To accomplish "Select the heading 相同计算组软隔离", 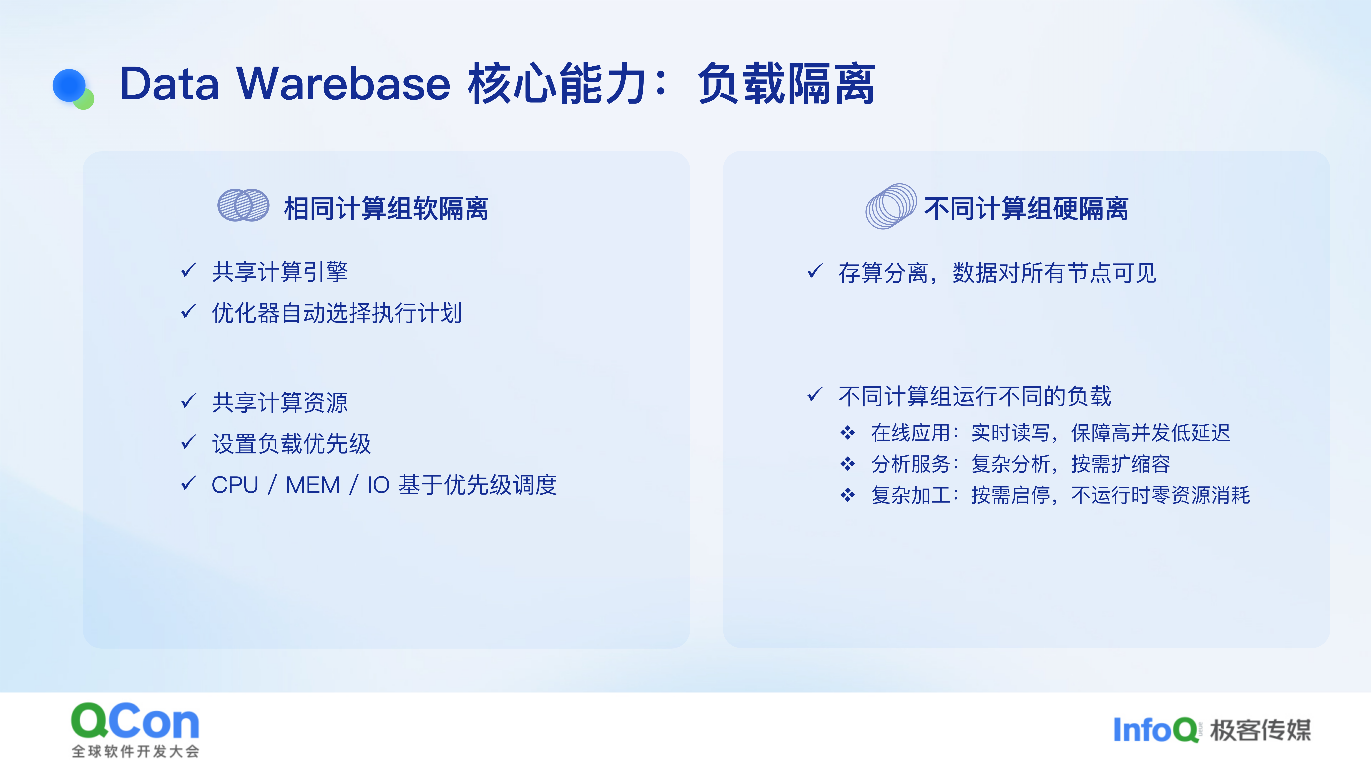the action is pyautogui.click(x=386, y=208).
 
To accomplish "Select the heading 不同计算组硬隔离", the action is pyautogui.click(x=1026, y=208).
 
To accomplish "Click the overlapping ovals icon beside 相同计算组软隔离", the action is pyautogui.click(x=243, y=205).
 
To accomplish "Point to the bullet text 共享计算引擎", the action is pyautogui.click(x=280, y=272).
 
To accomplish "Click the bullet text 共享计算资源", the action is pyautogui.click(x=280, y=402).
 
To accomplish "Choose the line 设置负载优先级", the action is pyautogui.click(x=291, y=443).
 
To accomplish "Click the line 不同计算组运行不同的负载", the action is pyautogui.click(x=975, y=396).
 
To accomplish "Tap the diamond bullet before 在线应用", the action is pyautogui.click(x=848, y=433).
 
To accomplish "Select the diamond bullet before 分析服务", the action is pyautogui.click(x=848, y=464).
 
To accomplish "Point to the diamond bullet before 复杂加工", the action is pyautogui.click(x=848, y=495).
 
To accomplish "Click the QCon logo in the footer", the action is pyautogui.click(x=135, y=729).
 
